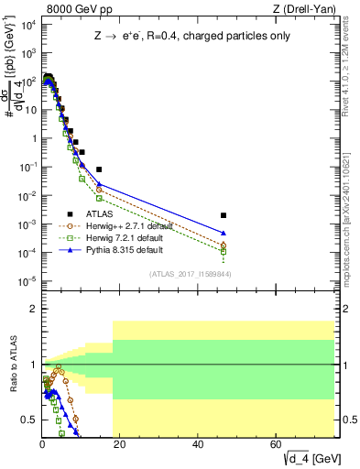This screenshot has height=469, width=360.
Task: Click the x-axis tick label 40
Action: pyautogui.click(x=199, y=446)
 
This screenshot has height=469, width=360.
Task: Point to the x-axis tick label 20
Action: pyautogui.click(x=120, y=446)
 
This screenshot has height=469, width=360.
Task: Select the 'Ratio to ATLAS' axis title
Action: pyautogui.click(x=14, y=365)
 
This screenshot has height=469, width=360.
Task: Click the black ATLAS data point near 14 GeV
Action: pyautogui.click(x=99, y=169)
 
